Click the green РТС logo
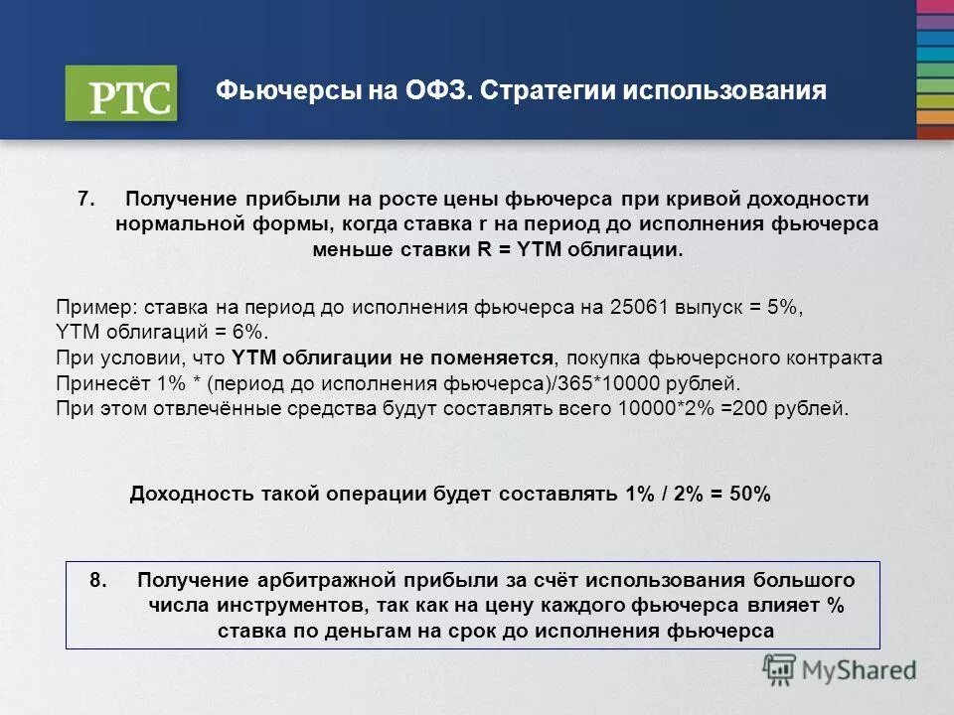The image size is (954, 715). (x=120, y=93)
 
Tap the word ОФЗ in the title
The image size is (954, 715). (x=433, y=91)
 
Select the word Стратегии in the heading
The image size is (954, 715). (x=546, y=91)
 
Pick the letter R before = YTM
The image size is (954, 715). (x=484, y=249)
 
